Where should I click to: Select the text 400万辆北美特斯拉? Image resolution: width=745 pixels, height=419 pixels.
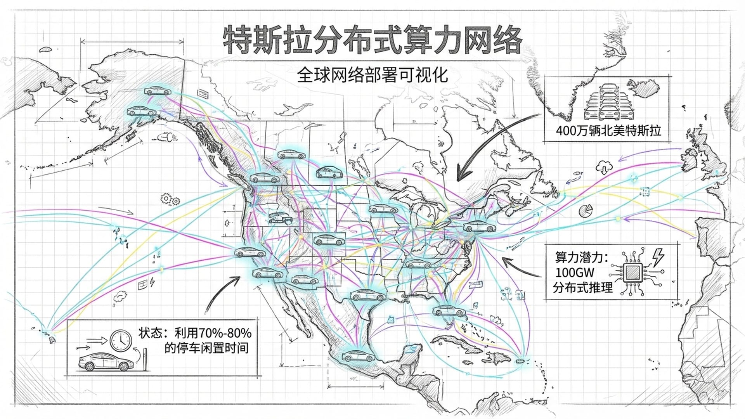pyautogui.click(x=608, y=130)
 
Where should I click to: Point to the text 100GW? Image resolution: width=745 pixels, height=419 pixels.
pyautogui.click(x=574, y=272)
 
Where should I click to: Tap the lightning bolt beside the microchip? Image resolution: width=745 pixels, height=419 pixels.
pyautogui.click(x=658, y=257)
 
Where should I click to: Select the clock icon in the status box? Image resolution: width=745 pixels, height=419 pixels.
pyautogui.click(x=121, y=340)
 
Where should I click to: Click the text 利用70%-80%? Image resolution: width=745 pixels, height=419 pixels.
pyautogui.click(x=213, y=333)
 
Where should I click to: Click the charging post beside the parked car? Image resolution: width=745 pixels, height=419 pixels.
pyautogui.click(x=146, y=360)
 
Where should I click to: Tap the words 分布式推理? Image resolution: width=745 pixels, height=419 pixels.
pyautogui.click(x=583, y=287)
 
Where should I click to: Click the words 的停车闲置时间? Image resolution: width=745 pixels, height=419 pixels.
pyautogui.click(x=206, y=348)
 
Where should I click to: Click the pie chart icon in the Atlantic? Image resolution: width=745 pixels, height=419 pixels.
pyautogui.click(x=585, y=211)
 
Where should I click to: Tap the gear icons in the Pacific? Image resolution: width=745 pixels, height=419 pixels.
pyautogui.click(x=170, y=199)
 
